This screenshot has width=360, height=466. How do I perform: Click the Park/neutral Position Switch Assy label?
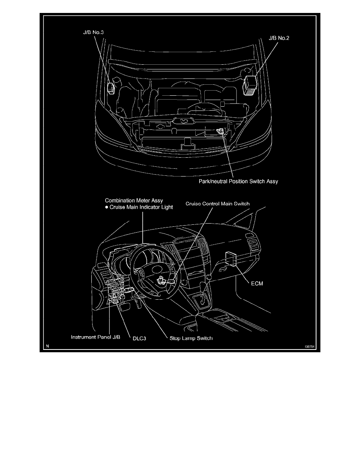click(238, 182)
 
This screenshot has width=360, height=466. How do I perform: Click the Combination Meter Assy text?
click(134, 200)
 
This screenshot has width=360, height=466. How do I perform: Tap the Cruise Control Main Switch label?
click(216, 204)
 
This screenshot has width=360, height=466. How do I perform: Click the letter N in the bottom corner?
click(47, 346)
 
